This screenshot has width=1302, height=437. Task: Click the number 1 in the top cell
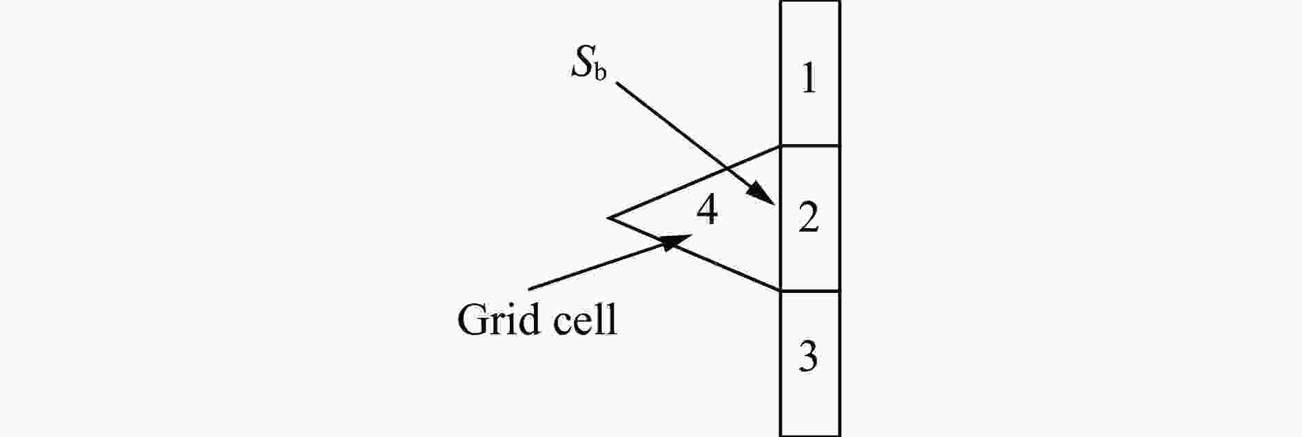pyautogui.click(x=809, y=78)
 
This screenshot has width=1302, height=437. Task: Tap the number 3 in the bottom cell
pyautogui.click(x=808, y=356)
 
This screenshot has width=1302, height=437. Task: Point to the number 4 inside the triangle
pyautogui.click(x=707, y=210)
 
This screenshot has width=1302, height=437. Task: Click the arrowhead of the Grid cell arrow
pyautogui.click(x=677, y=241)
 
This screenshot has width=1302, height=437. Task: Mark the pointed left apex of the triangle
pyautogui.click(x=609, y=218)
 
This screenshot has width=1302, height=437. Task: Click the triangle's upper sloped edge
pyautogui.click(x=694, y=182)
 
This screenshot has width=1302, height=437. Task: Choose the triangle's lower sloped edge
pyautogui.click(x=694, y=254)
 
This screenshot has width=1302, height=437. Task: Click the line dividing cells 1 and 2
pyautogui.click(x=810, y=145)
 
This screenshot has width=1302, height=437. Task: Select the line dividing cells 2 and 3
pyautogui.click(x=810, y=292)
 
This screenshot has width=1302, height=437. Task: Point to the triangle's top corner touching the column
pyautogui.click(x=781, y=145)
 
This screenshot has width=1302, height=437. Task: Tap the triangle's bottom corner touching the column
pyautogui.click(x=781, y=292)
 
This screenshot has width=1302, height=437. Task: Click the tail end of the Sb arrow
pyautogui.click(x=616, y=83)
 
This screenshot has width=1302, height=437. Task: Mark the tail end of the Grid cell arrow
pyautogui.click(x=528, y=289)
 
